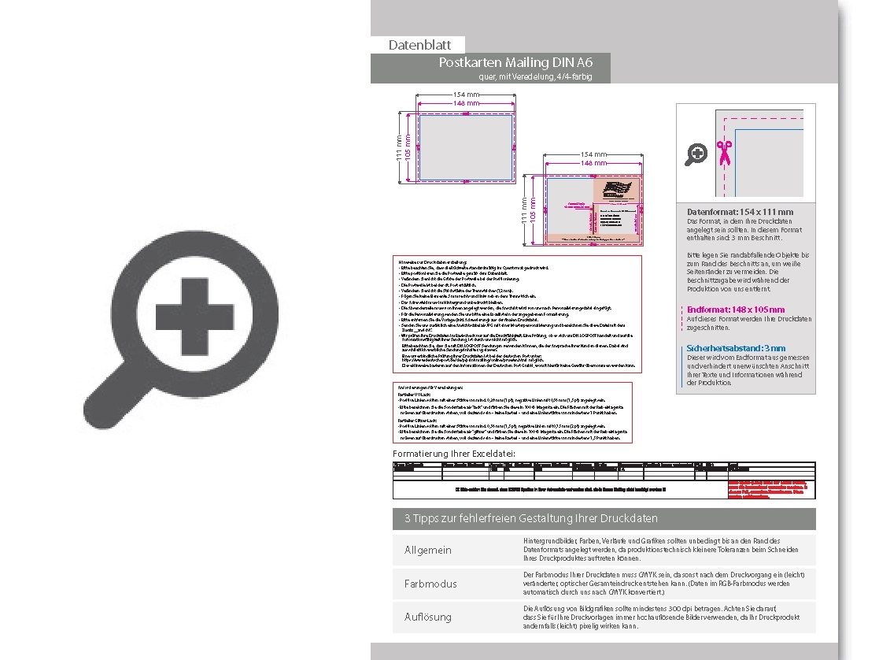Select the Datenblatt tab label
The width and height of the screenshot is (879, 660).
pos(418,45)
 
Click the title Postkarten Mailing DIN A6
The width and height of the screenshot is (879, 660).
pos(515,62)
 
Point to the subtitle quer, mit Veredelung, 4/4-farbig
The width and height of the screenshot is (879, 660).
pos(534,76)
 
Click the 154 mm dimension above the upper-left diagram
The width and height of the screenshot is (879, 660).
pos(466,95)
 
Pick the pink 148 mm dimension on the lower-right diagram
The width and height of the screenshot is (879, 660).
pos(593,163)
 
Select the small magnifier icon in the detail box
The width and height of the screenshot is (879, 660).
pos(696,154)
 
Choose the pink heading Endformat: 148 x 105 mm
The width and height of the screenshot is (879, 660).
pos(735,310)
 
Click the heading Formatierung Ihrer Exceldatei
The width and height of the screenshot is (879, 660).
pos(454,454)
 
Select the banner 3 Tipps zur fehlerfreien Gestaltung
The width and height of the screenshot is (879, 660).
pos(531,518)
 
